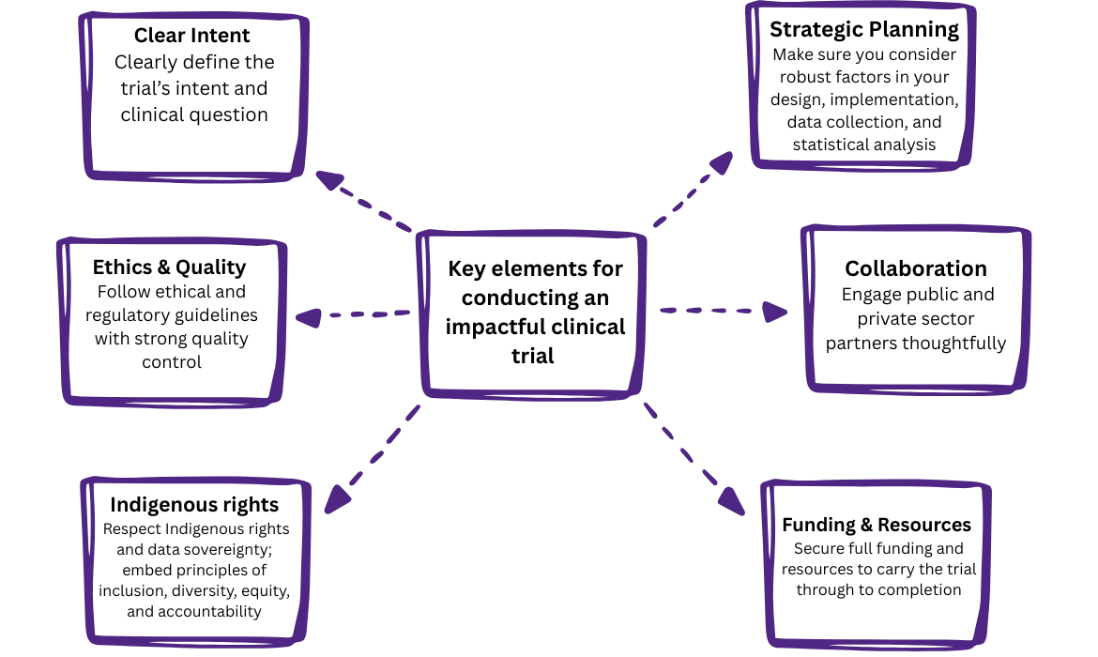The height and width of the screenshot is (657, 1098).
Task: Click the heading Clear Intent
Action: tap(191, 36)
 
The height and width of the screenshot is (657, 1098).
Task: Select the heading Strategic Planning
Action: tap(864, 29)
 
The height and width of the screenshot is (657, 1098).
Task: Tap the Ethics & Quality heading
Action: tap(169, 267)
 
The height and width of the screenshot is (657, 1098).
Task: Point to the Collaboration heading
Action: tap(916, 268)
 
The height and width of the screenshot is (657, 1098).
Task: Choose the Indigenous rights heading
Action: tap(194, 504)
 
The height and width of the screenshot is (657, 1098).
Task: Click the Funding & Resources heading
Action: tap(877, 525)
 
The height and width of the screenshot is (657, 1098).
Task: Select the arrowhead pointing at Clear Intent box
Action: tap(330, 179)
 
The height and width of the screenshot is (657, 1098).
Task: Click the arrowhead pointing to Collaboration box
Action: tap(775, 312)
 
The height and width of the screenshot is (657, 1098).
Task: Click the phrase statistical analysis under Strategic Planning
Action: tap(863, 145)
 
